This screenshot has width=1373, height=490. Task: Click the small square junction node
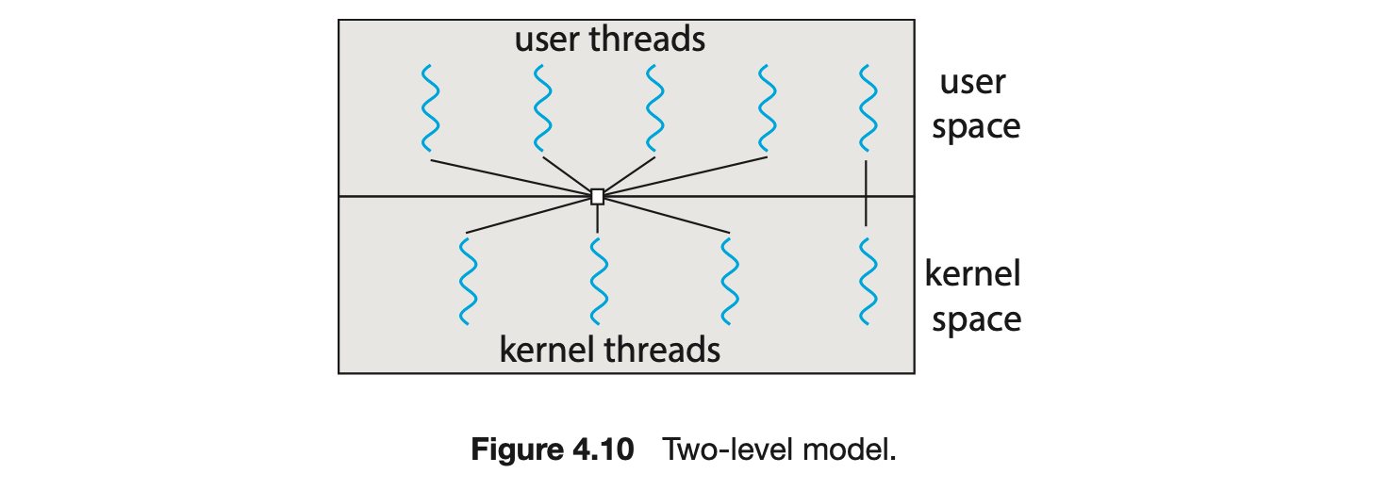(597, 197)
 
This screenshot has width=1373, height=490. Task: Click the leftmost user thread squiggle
(430, 107)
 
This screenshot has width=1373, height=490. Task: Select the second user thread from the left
(542, 107)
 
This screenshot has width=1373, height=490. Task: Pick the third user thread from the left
(653, 107)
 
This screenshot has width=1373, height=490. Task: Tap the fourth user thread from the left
(767, 107)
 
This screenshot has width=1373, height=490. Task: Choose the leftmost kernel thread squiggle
(466, 280)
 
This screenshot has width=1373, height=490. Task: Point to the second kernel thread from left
(597, 280)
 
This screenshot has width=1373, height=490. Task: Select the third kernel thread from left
(729, 280)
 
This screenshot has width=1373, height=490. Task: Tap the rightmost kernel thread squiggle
(865, 280)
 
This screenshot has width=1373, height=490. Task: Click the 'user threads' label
(609, 40)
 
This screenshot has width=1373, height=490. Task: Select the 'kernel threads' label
(609, 350)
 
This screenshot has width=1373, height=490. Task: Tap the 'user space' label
(975, 104)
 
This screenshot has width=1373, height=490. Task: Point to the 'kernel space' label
(974, 297)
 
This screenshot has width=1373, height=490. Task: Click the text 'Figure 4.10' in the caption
(552, 450)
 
